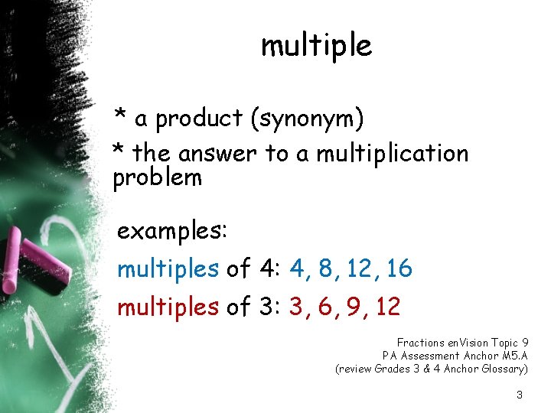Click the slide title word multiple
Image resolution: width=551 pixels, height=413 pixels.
pos(316,46)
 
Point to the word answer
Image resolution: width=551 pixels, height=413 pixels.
pos(219,154)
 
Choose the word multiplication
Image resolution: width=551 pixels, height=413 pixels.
pos(392,154)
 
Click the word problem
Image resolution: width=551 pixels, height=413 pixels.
pos(158,178)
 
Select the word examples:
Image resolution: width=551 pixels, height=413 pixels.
pos(171,232)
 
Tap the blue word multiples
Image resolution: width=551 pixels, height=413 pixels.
pos(168,268)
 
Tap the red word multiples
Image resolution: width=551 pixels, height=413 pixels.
pos(168,307)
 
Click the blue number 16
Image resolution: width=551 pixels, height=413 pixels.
pos(399,268)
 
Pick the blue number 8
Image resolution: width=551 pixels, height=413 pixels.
pos(327,268)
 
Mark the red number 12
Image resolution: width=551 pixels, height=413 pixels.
pos(389,307)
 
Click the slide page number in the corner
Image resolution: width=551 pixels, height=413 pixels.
pos(520,395)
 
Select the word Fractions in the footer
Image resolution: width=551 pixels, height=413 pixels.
pos(420,343)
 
